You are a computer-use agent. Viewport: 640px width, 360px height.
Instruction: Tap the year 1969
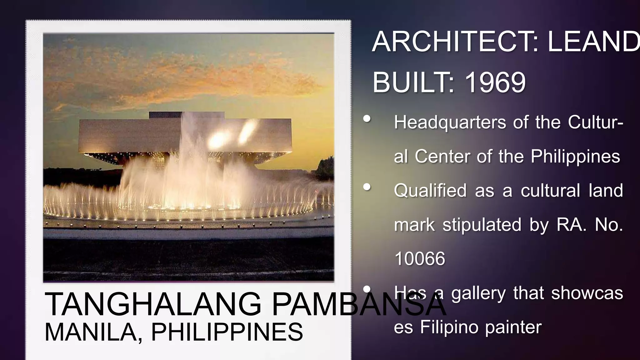click(x=495, y=82)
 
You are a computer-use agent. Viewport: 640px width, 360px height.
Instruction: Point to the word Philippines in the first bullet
click(x=575, y=156)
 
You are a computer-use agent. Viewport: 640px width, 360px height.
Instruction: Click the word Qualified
click(x=430, y=191)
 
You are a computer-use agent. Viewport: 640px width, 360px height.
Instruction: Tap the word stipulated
click(x=482, y=225)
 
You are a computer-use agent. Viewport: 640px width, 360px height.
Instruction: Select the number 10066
click(x=420, y=259)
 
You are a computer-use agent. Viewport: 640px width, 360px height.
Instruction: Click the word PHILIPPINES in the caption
click(x=227, y=332)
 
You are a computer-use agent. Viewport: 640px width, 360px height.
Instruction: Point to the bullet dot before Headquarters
click(x=367, y=119)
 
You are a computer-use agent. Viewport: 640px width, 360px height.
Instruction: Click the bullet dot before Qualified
click(x=367, y=187)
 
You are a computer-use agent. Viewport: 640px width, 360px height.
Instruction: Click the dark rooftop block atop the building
click(x=187, y=115)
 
